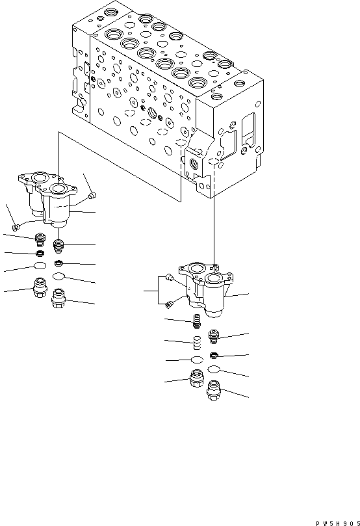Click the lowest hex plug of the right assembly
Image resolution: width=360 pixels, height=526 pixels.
[x=214, y=391]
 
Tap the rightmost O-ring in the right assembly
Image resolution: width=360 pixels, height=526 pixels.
[x=214, y=370]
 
